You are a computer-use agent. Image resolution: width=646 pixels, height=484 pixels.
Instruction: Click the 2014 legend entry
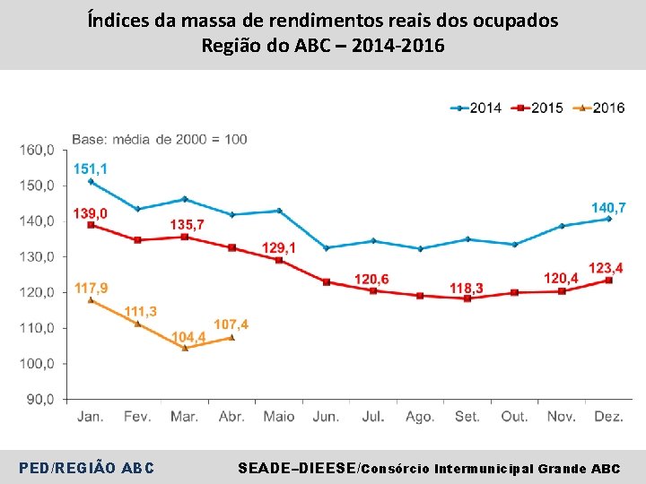pos(476,108)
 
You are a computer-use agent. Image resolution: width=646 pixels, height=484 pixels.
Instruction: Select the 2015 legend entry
pos(537,108)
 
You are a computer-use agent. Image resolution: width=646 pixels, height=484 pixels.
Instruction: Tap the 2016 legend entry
pos(599,108)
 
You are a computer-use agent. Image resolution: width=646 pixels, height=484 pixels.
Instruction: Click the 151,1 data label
pos(91,169)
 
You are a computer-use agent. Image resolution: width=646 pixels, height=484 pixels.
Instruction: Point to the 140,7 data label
pos(608,207)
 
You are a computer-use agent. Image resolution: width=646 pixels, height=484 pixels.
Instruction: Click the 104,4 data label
pos(189,337)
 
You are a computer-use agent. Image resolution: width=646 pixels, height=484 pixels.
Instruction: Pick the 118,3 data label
pos(467,288)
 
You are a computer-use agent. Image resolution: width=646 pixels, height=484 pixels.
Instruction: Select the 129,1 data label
pos(279,246)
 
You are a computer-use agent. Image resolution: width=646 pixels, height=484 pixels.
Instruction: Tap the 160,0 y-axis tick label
pos(37,150)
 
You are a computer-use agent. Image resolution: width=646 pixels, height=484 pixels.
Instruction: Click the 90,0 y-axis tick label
pos(39,400)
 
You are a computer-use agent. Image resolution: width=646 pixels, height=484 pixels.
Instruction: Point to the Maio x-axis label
pos(279,417)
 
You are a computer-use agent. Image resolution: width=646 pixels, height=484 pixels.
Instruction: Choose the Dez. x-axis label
pos(609,417)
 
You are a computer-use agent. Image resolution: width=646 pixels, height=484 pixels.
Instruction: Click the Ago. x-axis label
pos(420,417)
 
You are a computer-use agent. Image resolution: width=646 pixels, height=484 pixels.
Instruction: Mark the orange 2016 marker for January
pos(91,300)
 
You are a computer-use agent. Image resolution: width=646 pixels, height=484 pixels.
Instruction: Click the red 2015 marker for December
pos(609,281)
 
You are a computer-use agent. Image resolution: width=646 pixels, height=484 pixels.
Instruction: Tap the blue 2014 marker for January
pos(91,181)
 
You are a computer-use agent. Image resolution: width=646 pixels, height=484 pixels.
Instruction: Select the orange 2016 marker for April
pos(231,338)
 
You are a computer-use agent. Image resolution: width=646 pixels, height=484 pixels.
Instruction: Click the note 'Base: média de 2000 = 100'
pos(160,139)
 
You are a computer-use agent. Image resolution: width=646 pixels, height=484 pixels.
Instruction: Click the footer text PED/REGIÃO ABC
pos(86,468)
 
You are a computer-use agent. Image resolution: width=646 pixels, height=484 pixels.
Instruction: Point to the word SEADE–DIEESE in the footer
pos(295,468)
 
